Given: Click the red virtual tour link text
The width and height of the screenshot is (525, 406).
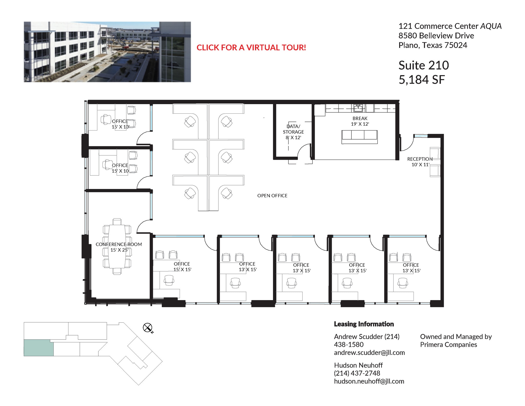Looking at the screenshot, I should [251, 47].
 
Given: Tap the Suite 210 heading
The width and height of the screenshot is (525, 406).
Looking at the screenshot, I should [423, 65].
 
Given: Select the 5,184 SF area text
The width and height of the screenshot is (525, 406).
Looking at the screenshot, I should [421, 80].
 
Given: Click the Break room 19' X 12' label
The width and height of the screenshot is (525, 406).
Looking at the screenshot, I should [360, 121].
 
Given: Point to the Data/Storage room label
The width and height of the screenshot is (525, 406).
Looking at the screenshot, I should [293, 132].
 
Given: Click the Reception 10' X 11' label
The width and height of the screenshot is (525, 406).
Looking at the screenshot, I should [420, 162].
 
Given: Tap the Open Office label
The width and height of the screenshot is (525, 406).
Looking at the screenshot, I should [272, 196].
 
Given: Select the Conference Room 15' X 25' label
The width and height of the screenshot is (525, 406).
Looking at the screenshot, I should [119, 247].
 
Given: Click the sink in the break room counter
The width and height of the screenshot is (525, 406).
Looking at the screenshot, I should [358, 108].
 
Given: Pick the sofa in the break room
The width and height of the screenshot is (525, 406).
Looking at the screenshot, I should [359, 136].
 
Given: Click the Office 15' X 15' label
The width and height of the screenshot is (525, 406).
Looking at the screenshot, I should [182, 266].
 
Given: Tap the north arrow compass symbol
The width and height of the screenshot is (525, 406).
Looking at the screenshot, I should [147, 328].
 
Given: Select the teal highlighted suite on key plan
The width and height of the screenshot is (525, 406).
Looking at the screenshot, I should [38, 348].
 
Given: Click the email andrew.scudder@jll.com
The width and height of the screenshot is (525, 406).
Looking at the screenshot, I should [369, 353].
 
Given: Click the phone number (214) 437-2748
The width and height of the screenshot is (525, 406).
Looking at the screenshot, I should [357, 373].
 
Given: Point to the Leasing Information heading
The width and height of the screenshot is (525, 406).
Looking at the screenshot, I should [364, 324].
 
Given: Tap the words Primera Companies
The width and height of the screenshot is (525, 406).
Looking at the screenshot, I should [448, 345].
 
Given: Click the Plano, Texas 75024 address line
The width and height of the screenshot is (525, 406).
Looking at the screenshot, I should [432, 45].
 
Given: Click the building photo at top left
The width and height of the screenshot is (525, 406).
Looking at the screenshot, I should [107, 52].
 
